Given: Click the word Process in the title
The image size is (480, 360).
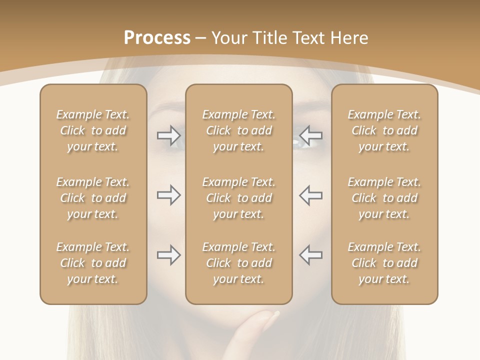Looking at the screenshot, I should click(x=157, y=38).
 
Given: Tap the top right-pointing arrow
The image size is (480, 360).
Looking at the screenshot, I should click(x=168, y=135).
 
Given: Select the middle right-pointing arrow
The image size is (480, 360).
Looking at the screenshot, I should click(x=168, y=195).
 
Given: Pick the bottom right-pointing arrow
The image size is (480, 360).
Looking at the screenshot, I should click(x=168, y=255).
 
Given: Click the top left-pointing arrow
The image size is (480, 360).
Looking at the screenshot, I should click(x=311, y=135).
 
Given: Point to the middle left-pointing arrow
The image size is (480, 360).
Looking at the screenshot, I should click(x=311, y=195).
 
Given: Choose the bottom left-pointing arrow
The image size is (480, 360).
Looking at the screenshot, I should click(x=311, y=255).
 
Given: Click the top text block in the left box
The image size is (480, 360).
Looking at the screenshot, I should click(x=93, y=130).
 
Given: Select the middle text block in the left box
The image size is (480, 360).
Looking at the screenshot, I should click(x=93, y=198).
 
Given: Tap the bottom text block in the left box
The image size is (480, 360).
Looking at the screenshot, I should click(x=93, y=263).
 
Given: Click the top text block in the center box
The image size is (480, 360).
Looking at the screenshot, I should click(x=238, y=130).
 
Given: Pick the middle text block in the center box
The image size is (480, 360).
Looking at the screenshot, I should click(x=238, y=198).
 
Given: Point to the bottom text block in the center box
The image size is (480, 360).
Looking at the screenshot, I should click(x=238, y=263).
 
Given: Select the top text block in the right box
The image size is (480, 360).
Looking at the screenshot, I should click(x=384, y=130).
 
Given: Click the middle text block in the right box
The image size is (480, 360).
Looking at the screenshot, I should click(x=384, y=198).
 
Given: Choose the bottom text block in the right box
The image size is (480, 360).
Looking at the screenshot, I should click(x=384, y=263).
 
